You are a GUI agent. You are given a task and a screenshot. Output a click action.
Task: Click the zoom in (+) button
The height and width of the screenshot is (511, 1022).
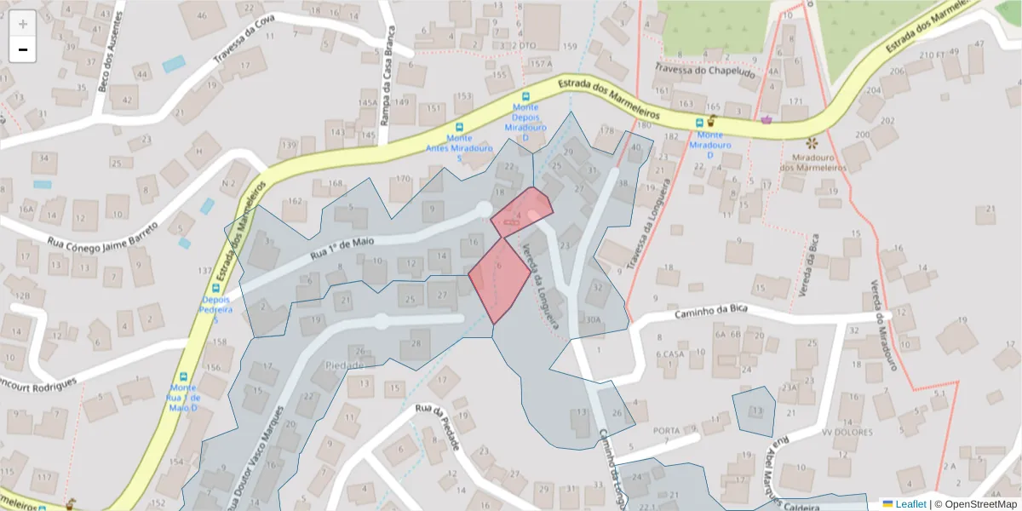[x=23, y=24]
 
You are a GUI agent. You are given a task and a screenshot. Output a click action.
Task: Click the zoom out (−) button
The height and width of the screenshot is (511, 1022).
[x=23, y=50]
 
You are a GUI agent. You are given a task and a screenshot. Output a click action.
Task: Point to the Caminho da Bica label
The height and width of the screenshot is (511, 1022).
[x=711, y=312]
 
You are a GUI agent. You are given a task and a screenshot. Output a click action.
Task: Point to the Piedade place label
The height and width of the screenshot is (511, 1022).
[x=345, y=365]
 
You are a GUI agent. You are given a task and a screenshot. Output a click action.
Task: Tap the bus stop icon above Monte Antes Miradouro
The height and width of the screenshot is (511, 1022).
[x=460, y=126]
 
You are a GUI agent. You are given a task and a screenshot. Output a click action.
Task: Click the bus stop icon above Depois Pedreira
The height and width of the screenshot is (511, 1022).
[x=215, y=289]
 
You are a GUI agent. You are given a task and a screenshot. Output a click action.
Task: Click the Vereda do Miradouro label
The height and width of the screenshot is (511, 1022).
[x=886, y=326]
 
